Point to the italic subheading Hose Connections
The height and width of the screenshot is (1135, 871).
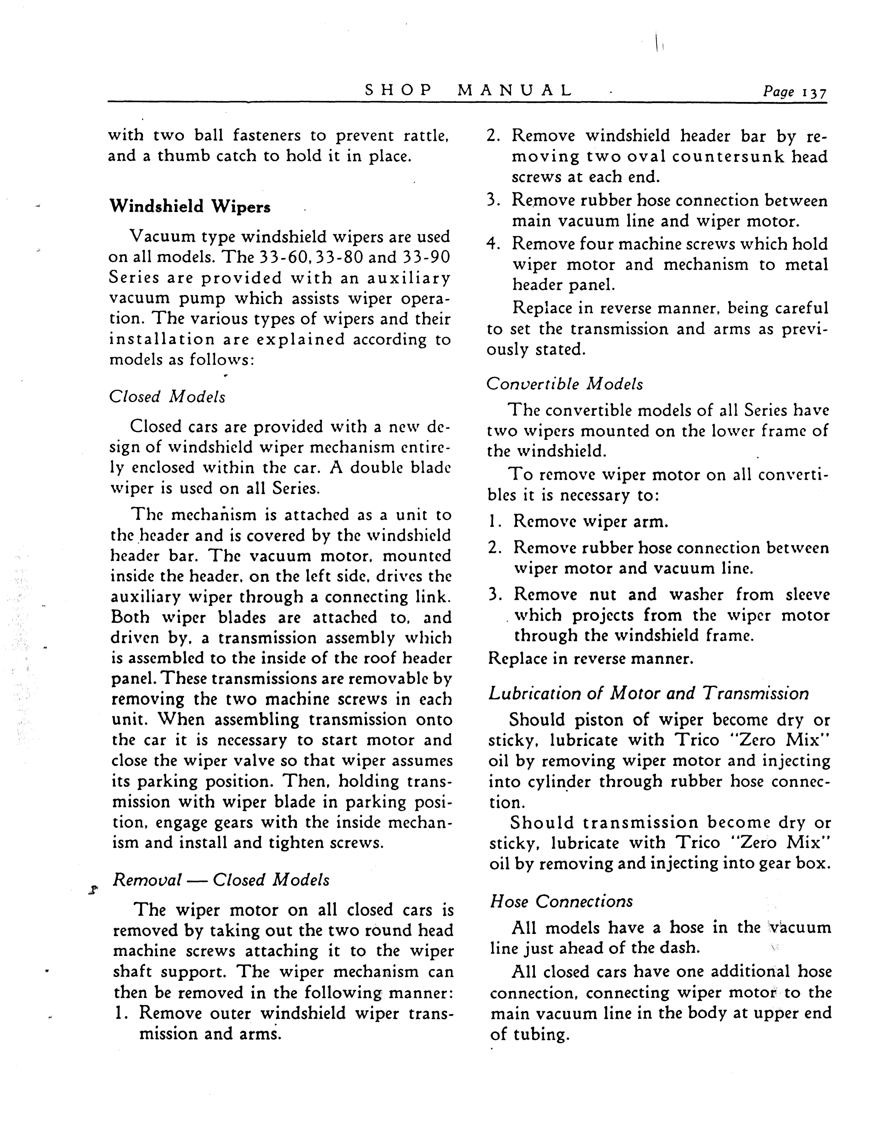coord(561,901)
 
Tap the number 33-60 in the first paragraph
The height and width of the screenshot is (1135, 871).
coord(279,257)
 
